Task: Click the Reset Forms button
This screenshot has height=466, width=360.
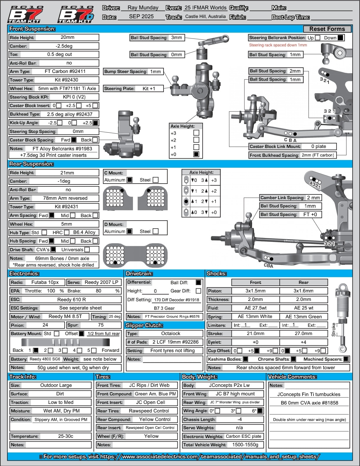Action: point(327,29)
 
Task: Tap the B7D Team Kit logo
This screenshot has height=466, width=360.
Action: point(76,14)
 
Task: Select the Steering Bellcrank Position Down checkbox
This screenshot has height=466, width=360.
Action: point(340,38)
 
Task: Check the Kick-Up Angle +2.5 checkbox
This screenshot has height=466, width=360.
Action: point(95,123)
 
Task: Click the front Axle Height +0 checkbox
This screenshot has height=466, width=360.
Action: point(196,154)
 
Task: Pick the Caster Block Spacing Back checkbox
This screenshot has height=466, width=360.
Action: point(95,140)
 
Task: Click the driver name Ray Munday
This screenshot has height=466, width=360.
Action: point(143,8)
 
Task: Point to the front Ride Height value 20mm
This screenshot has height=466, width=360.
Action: point(67,37)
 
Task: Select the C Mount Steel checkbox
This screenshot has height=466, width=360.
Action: point(156,180)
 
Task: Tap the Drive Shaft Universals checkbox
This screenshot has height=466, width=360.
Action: point(87,249)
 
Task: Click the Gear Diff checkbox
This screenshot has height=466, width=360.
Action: point(199,291)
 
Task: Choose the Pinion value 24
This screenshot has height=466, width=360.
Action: point(45,325)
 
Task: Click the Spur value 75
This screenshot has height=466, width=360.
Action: point(101,325)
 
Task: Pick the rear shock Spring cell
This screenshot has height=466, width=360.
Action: point(304,317)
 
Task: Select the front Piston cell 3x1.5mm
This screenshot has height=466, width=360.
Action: point(255,291)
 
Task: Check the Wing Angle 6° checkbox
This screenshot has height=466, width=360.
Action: point(260,411)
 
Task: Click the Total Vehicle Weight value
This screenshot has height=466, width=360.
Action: point(245,445)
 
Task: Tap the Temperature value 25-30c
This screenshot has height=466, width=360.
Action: point(66,436)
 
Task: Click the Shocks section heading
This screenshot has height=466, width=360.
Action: point(216,274)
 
